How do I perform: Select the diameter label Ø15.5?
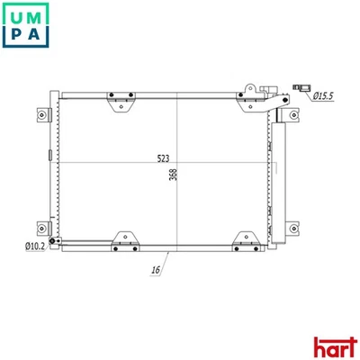point(324,94)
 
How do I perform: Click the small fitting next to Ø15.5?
point(302,86)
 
